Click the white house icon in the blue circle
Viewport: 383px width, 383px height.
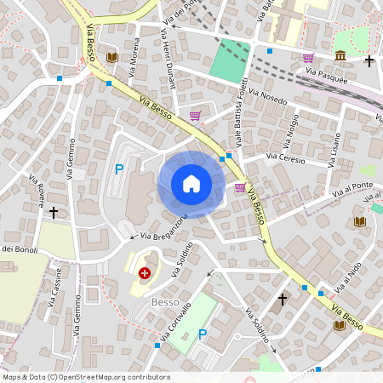191,184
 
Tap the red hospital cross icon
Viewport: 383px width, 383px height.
146,273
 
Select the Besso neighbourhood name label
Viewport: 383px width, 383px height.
163,302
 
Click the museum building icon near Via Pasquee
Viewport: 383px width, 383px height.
340,56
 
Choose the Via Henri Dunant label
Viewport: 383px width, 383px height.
167,52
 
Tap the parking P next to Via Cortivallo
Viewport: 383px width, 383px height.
203,334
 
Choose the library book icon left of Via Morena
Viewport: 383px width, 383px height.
111,57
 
